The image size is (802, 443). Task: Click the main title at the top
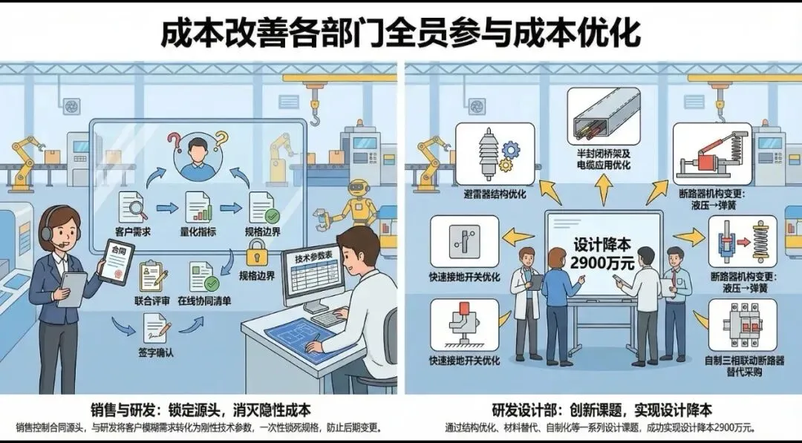click(x=400, y=33)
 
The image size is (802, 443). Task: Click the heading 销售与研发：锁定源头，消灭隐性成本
click(x=200, y=410)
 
